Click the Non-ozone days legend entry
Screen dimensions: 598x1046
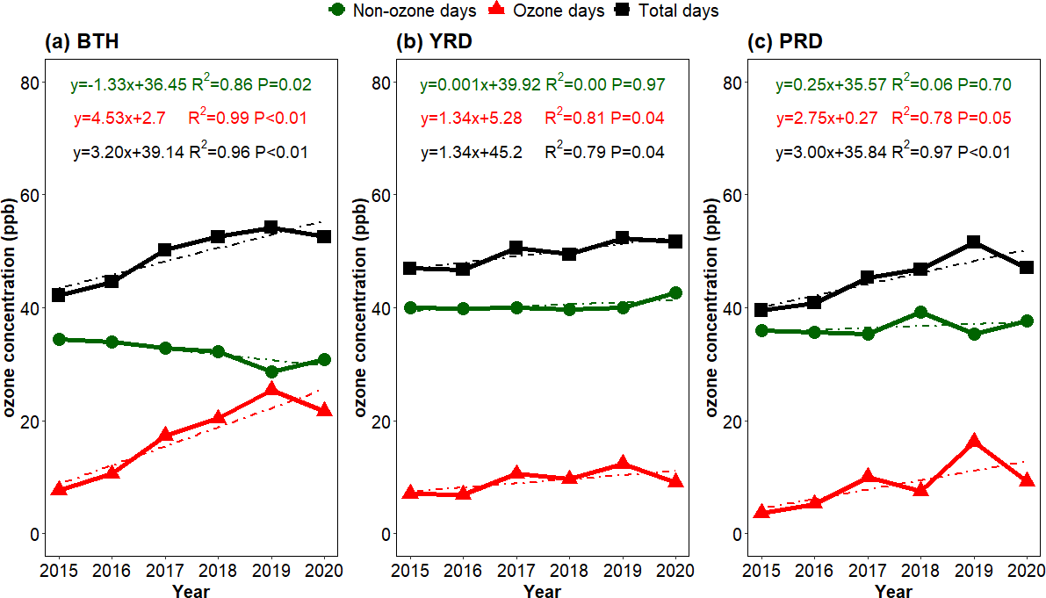(402, 11)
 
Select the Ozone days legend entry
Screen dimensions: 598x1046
(545, 11)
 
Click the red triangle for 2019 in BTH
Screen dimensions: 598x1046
(271, 390)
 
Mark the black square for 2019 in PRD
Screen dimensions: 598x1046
(973, 241)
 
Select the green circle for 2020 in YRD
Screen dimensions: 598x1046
(675, 292)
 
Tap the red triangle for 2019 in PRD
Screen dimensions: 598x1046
(973, 442)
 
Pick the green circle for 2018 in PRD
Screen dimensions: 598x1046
(920, 312)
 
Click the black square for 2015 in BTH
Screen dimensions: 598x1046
(60, 295)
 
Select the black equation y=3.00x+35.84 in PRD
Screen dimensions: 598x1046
(831, 152)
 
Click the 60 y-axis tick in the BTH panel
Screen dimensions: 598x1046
(31, 194)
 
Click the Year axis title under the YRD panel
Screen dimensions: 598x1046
(542, 591)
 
